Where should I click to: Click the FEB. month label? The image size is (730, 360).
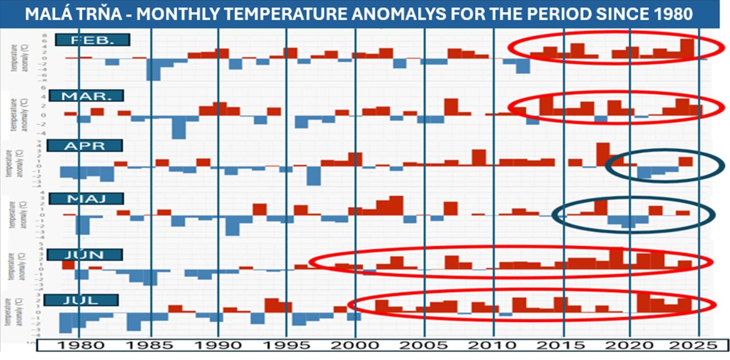(92, 40)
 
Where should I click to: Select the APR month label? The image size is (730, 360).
(85, 146)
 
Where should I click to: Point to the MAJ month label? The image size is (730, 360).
(86, 199)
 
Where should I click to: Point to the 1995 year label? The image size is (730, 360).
(286, 345)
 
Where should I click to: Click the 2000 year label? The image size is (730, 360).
(354, 345)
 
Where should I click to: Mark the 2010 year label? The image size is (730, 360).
(492, 345)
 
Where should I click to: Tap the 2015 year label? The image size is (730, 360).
(561, 345)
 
